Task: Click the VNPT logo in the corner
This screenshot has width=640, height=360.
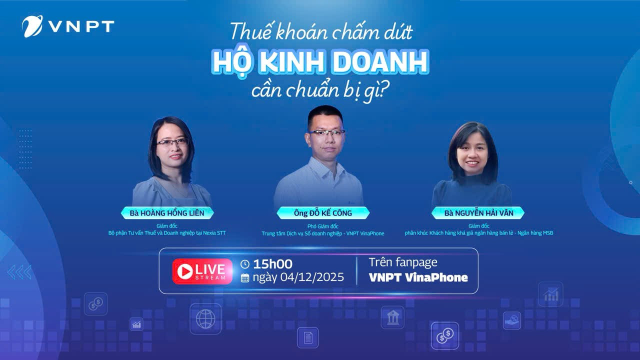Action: pos(68,26)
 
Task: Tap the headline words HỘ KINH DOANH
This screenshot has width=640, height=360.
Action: pos(320,61)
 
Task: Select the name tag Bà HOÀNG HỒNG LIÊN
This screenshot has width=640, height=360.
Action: pos(167,213)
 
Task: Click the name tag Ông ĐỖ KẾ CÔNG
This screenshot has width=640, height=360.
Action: pos(323,213)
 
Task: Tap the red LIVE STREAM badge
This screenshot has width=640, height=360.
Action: pos(202,271)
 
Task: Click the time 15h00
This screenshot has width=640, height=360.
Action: pos(272,264)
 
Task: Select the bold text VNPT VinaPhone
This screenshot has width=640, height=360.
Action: pos(418,277)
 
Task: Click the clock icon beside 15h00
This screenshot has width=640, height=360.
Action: pos(245,264)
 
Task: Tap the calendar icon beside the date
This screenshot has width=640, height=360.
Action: pos(245,278)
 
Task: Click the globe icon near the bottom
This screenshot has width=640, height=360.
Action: pos(205,318)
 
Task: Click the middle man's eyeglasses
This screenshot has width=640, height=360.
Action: pos(326,132)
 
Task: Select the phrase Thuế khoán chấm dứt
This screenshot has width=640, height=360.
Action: pos(321,32)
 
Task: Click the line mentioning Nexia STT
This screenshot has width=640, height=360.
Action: pos(167,233)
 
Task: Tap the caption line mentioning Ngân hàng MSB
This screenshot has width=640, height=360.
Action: pos(478,233)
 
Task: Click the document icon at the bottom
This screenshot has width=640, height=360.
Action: pos(307,337)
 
